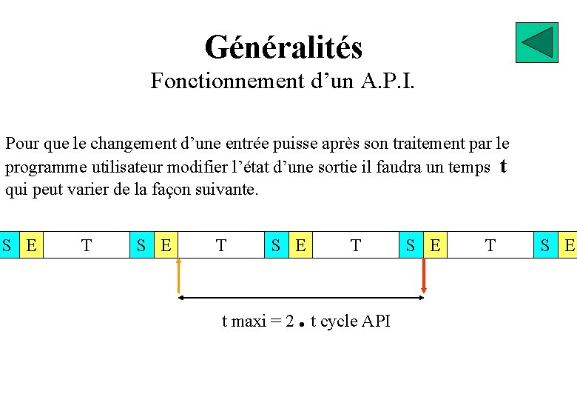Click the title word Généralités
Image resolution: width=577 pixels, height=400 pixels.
283,47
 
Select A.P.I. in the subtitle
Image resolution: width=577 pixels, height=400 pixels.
388,81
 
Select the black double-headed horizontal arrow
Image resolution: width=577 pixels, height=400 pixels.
301,298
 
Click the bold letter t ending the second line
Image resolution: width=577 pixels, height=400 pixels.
503,166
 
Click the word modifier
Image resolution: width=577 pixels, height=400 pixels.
198,167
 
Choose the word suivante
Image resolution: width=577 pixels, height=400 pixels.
226,189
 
